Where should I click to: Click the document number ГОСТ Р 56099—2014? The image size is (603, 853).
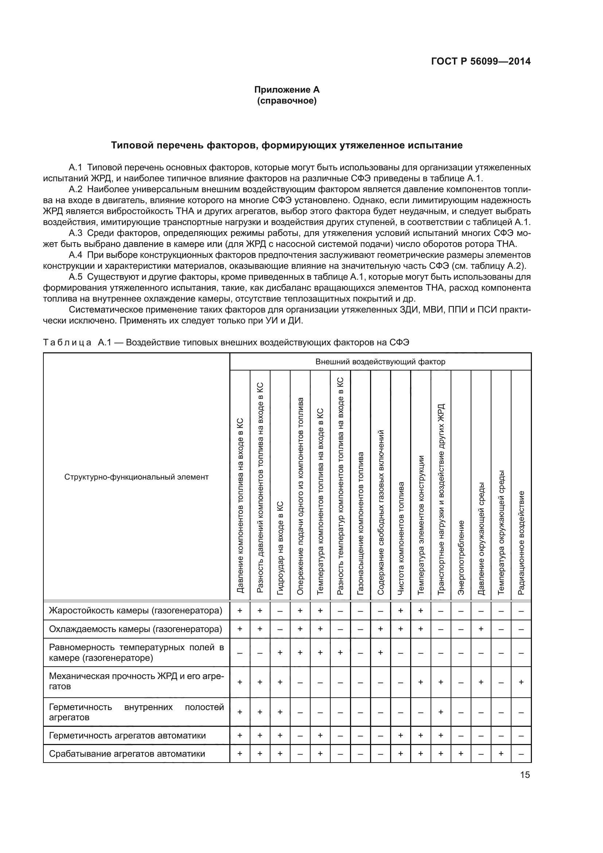pos(481,61)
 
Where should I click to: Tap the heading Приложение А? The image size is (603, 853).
pos(287,90)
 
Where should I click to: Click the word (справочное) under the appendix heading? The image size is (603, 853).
pos(287,101)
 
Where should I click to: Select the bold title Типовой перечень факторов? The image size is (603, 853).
pos(287,145)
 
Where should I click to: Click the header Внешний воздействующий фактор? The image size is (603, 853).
pos(380,361)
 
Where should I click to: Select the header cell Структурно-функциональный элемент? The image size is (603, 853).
pos(136,477)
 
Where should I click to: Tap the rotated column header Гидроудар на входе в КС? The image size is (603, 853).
pos(280,548)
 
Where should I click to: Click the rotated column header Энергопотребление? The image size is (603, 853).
pos(461,557)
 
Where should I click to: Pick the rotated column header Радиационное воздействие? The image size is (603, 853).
pos(521,542)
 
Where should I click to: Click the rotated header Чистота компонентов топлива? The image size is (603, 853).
pos(401,538)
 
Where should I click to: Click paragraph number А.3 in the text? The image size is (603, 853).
pos(75,233)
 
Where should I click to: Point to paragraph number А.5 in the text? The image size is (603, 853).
pos(75,277)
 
